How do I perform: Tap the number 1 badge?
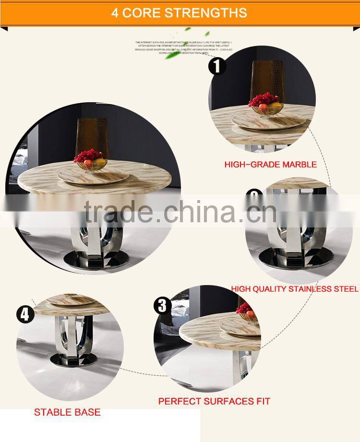point(217,66)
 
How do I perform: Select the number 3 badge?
point(162,306)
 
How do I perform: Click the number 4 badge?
point(25,315)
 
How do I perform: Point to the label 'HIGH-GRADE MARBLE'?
point(270,165)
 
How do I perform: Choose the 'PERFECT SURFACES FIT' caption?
point(214,401)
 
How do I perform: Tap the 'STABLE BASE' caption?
point(67,412)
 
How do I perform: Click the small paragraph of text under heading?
point(184,48)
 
